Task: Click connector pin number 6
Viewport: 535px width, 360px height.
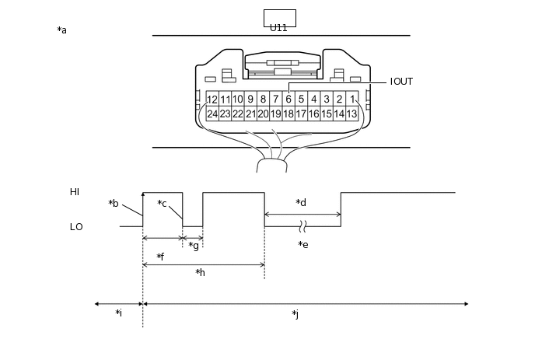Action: (x=288, y=100)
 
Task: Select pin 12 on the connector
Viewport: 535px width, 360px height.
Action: (x=212, y=100)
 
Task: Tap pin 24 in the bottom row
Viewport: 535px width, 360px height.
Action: (x=212, y=114)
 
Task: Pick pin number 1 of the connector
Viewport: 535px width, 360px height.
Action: (x=351, y=100)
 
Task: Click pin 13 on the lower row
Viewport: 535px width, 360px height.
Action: (x=351, y=114)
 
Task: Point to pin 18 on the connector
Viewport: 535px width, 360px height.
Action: (x=288, y=114)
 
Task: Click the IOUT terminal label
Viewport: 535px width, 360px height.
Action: (x=401, y=82)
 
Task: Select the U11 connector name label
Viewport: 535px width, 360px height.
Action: (x=278, y=27)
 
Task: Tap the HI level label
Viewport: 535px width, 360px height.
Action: (x=75, y=192)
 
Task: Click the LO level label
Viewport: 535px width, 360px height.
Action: (x=76, y=227)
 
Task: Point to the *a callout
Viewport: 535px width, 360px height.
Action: (x=62, y=30)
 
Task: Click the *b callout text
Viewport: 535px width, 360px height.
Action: (x=114, y=204)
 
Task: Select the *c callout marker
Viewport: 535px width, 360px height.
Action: (x=162, y=204)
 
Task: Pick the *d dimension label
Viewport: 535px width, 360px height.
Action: (x=301, y=203)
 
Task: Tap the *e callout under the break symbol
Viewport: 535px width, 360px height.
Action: (x=303, y=245)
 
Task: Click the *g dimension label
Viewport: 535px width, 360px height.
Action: (x=194, y=246)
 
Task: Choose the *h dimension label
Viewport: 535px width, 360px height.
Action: (x=200, y=273)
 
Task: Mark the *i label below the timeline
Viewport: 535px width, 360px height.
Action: (x=118, y=313)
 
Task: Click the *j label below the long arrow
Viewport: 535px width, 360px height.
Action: (x=295, y=314)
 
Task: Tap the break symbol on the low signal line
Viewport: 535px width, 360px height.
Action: (x=303, y=226)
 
